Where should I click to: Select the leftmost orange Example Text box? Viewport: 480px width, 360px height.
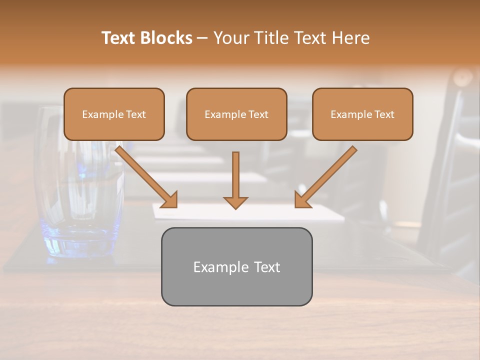point(114,114)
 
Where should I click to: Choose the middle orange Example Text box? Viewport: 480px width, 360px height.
point(236,114)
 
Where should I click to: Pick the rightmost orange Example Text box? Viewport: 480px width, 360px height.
point(362,114)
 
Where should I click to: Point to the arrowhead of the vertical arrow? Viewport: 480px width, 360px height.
point(235,202)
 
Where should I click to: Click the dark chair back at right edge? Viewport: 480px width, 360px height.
point(450,175)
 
